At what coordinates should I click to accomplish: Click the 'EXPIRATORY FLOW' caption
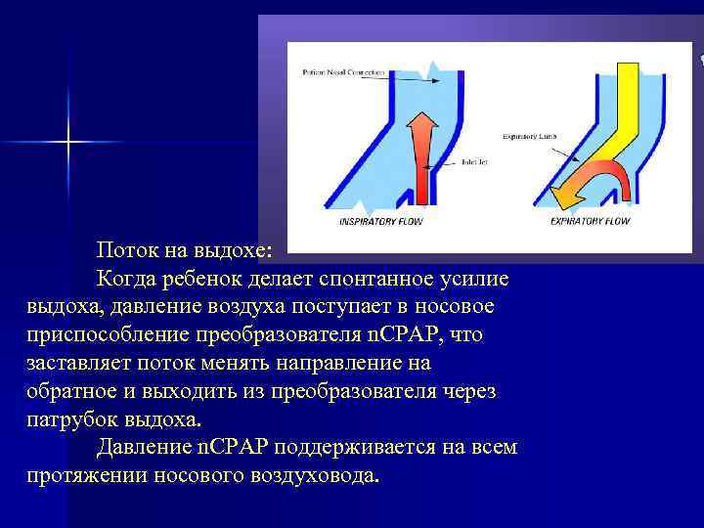590,222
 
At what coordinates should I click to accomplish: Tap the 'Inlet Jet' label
466,161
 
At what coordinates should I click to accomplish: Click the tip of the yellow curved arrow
558,199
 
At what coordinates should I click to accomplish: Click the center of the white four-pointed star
69,143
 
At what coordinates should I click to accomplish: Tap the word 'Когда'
127,280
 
